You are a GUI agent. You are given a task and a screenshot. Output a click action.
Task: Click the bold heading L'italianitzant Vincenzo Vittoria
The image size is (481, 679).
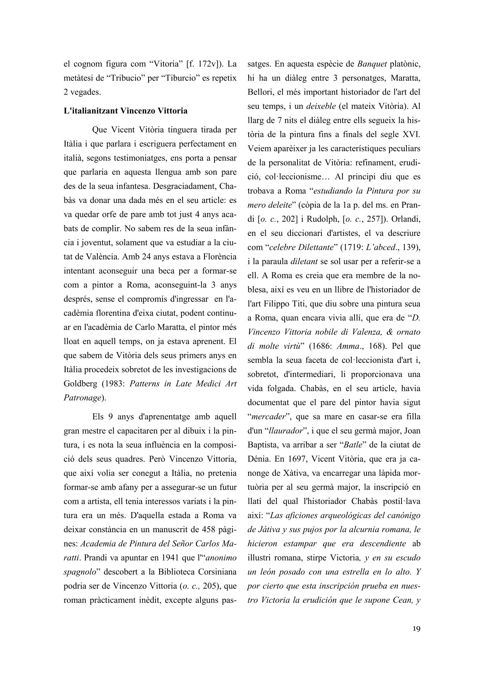(125, 111)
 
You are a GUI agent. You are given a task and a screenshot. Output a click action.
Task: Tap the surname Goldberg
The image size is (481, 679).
(80, 383)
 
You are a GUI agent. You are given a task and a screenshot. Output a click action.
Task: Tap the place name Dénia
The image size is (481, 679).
(259, 459)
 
